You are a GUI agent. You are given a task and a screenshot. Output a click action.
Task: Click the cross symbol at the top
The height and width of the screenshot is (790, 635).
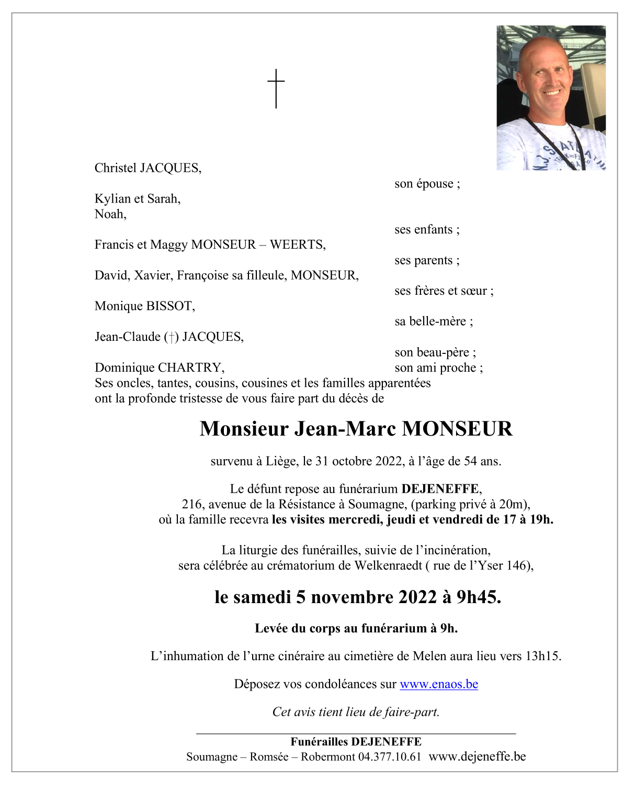click(x=276, y=88)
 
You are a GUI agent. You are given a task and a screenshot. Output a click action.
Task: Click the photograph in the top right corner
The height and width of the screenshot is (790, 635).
click(x=550, y=97)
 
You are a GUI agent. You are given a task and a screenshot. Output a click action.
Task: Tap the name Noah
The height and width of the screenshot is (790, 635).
click(x=109, y=214)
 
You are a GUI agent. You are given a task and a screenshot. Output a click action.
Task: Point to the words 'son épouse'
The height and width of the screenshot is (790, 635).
click(x=427, y=184)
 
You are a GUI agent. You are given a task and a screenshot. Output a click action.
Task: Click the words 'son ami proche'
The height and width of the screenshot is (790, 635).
click(x=438, y=368)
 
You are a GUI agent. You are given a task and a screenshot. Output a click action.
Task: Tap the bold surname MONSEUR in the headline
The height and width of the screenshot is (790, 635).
click(x=457, y=429)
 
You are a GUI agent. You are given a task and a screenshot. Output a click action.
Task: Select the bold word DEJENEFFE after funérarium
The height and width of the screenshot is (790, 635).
click(x=440, y=489)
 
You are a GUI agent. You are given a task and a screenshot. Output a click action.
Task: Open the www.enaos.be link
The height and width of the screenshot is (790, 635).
click(x=438, y=684)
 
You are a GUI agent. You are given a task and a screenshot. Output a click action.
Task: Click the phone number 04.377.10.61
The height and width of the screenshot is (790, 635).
click(x=389, y=757)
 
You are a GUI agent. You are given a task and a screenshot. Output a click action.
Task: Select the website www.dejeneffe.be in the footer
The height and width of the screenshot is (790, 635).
click(x=477, y=757)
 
